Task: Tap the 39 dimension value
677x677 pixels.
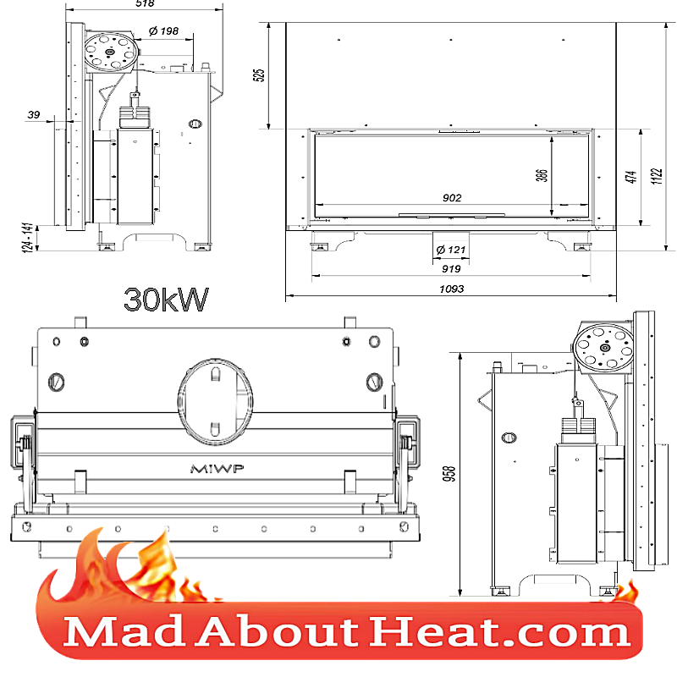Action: click(x=34, y=115)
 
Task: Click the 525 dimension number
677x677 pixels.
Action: click(x=260, y=74)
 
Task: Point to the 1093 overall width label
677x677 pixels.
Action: click(x=452, y=289)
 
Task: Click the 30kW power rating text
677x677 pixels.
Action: click(x=166, y=299)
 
